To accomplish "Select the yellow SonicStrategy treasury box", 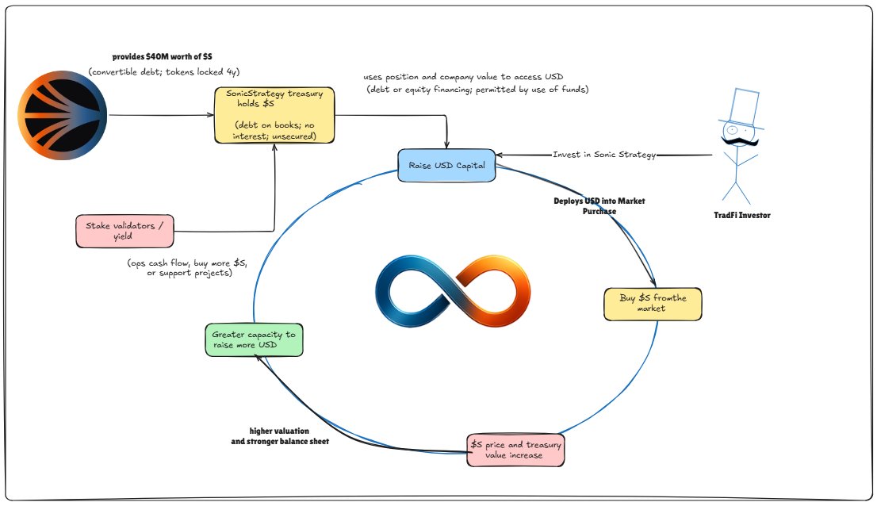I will click(274, 115).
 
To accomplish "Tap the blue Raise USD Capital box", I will click(446, 166).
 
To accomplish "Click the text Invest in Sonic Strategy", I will click(604, 155).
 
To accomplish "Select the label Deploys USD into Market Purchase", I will click(599, 206).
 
